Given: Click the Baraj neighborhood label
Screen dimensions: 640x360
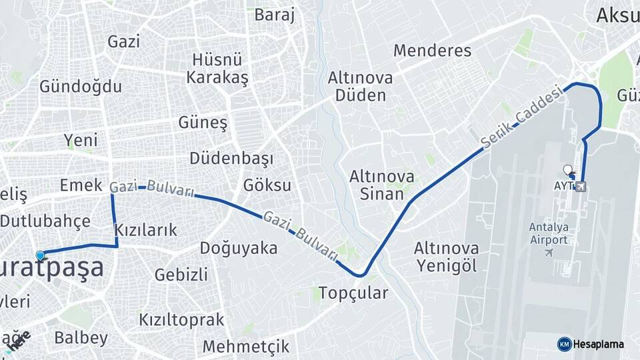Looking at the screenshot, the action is point(274,15).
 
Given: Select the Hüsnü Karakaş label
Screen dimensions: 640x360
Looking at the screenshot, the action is point(217,68).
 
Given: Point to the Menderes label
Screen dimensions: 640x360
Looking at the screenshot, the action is point(432,50).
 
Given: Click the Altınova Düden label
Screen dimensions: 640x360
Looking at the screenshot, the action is point(360,86).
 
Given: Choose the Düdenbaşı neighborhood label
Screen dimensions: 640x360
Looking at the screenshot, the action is point(231,159).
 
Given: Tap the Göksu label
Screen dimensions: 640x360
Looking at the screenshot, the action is point(267,185).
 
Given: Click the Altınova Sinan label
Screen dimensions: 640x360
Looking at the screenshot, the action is point(382,185).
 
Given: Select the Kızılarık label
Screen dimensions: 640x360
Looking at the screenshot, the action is point(146,230).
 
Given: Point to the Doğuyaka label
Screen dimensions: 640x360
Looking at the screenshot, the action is point(238,248).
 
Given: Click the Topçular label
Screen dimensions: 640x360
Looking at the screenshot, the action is point(353,293).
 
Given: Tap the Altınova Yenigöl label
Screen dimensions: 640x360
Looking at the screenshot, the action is point(446,257).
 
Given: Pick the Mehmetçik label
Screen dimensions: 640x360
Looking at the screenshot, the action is point(246,347).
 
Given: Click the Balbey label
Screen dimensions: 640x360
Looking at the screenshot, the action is point(81,338).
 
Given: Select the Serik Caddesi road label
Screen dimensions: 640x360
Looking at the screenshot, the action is point(513,120).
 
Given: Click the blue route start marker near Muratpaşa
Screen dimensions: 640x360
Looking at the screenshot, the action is point(40,255).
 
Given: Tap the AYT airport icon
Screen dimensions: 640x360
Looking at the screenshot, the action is point(581,186).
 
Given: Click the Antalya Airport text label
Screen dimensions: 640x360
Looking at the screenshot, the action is point(548,233).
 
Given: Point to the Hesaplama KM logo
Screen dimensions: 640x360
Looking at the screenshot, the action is point(565,344).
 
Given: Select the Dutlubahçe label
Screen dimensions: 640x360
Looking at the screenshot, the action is point(45,221).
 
